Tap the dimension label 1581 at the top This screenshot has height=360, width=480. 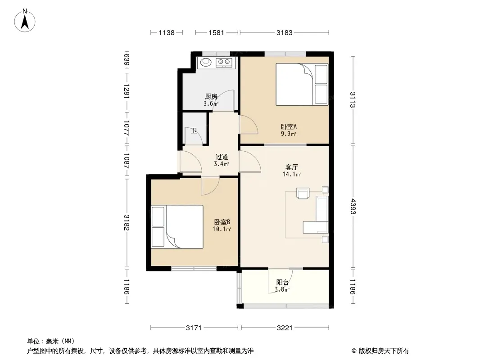coord(217,32)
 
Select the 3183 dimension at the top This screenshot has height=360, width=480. coord(285,32)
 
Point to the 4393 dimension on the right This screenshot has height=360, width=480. coord(353,207)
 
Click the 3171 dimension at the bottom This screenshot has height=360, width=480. coord(194,328)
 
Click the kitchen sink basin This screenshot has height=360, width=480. coord(206,62)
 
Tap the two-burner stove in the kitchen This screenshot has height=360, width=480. coord(224,63)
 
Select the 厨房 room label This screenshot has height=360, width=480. coord(211,97)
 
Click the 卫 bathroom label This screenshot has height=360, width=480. coord(194,131)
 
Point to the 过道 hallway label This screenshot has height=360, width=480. coord(222,157)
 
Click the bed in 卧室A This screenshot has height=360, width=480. coord(302,85)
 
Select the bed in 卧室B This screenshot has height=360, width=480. coord(177,227)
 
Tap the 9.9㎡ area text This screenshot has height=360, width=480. coord(288,134)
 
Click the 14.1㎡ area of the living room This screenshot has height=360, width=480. coord(292,174)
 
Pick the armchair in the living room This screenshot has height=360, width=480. coord(303,193)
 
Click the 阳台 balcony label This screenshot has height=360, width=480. coord(282,282)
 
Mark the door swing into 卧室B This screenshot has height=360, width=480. coord(210,186)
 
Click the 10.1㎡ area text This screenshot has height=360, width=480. coord(222,229)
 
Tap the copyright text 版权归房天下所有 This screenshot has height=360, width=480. coord(384,351)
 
